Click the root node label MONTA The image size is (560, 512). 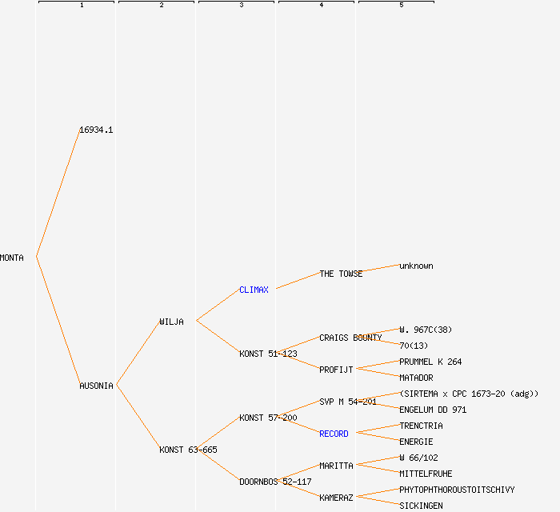12,258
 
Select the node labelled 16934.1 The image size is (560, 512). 96,130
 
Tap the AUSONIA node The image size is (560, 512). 96,386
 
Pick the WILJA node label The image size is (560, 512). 171,322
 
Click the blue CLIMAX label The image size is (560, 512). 254,290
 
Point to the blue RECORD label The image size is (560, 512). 334,434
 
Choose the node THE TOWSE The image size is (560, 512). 341,274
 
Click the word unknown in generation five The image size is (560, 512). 416,266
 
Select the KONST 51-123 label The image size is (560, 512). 268,354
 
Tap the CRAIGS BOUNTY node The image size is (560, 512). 350,338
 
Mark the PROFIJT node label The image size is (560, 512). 336,370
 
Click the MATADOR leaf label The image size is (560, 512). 416,378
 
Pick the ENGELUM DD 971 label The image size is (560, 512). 433,410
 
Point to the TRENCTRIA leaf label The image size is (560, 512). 421,426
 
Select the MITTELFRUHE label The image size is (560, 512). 426,474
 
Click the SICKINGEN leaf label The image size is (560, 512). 421,506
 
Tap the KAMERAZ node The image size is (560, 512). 336,498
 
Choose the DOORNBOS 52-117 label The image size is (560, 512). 275,482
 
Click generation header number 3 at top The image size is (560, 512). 241,6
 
